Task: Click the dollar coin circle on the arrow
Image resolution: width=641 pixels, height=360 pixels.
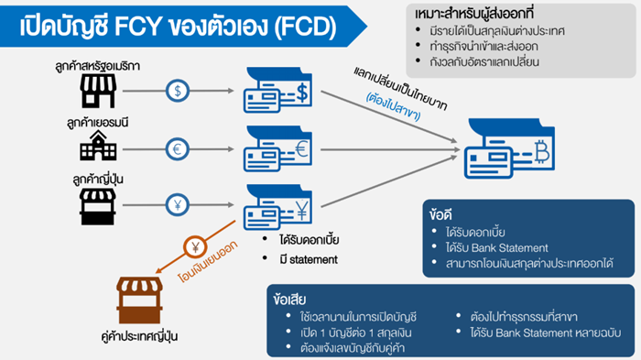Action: [x=178, y=91]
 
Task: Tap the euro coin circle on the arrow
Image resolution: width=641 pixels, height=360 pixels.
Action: [x=178, y=149]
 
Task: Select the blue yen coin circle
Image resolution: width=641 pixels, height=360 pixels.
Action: [x=178, y=204]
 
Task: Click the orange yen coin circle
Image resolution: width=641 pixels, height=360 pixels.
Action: [x=195, y=247]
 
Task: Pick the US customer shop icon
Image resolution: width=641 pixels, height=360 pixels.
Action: [x=98, y=92]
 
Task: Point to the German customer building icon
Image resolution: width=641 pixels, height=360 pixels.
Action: [x=98, y=146]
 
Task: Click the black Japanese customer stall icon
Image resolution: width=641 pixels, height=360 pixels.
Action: [x=98, y=207]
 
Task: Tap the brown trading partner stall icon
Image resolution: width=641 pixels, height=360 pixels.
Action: [x=139, y=300]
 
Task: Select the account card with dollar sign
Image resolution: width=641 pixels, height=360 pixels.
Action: [x=278, y=91]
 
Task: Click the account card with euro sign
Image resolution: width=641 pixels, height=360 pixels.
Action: [x=278, y=149]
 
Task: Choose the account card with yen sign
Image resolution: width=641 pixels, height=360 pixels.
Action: [x=278, y=207]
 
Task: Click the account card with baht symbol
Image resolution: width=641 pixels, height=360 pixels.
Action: [x=509, y=148]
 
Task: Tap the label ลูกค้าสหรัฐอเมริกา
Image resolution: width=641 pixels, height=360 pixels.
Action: [x=98, y=66]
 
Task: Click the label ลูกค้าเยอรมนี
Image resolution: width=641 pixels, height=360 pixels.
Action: [x=98, y=123]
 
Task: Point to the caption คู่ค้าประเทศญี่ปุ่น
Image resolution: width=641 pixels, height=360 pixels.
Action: [x=139, y=336]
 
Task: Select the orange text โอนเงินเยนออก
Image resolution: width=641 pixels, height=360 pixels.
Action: [x=208, y=262]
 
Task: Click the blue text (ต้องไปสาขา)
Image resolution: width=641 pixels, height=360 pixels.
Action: [x=393, y=106]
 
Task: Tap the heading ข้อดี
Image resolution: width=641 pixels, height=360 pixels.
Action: [x=440, y=214]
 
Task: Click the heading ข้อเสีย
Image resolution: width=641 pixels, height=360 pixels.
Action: [x=289, y=300]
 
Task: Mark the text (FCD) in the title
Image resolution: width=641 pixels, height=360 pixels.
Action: [x=305, y=27]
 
